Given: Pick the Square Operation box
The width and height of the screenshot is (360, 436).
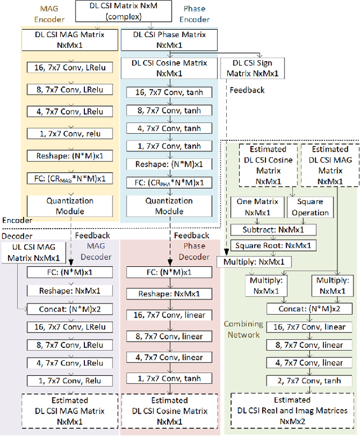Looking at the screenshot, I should (x=310, y=208).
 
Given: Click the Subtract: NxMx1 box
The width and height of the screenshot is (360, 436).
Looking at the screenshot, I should (x=273, y=229).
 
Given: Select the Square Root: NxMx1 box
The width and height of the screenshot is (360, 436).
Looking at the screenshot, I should (x=273, y=246).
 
